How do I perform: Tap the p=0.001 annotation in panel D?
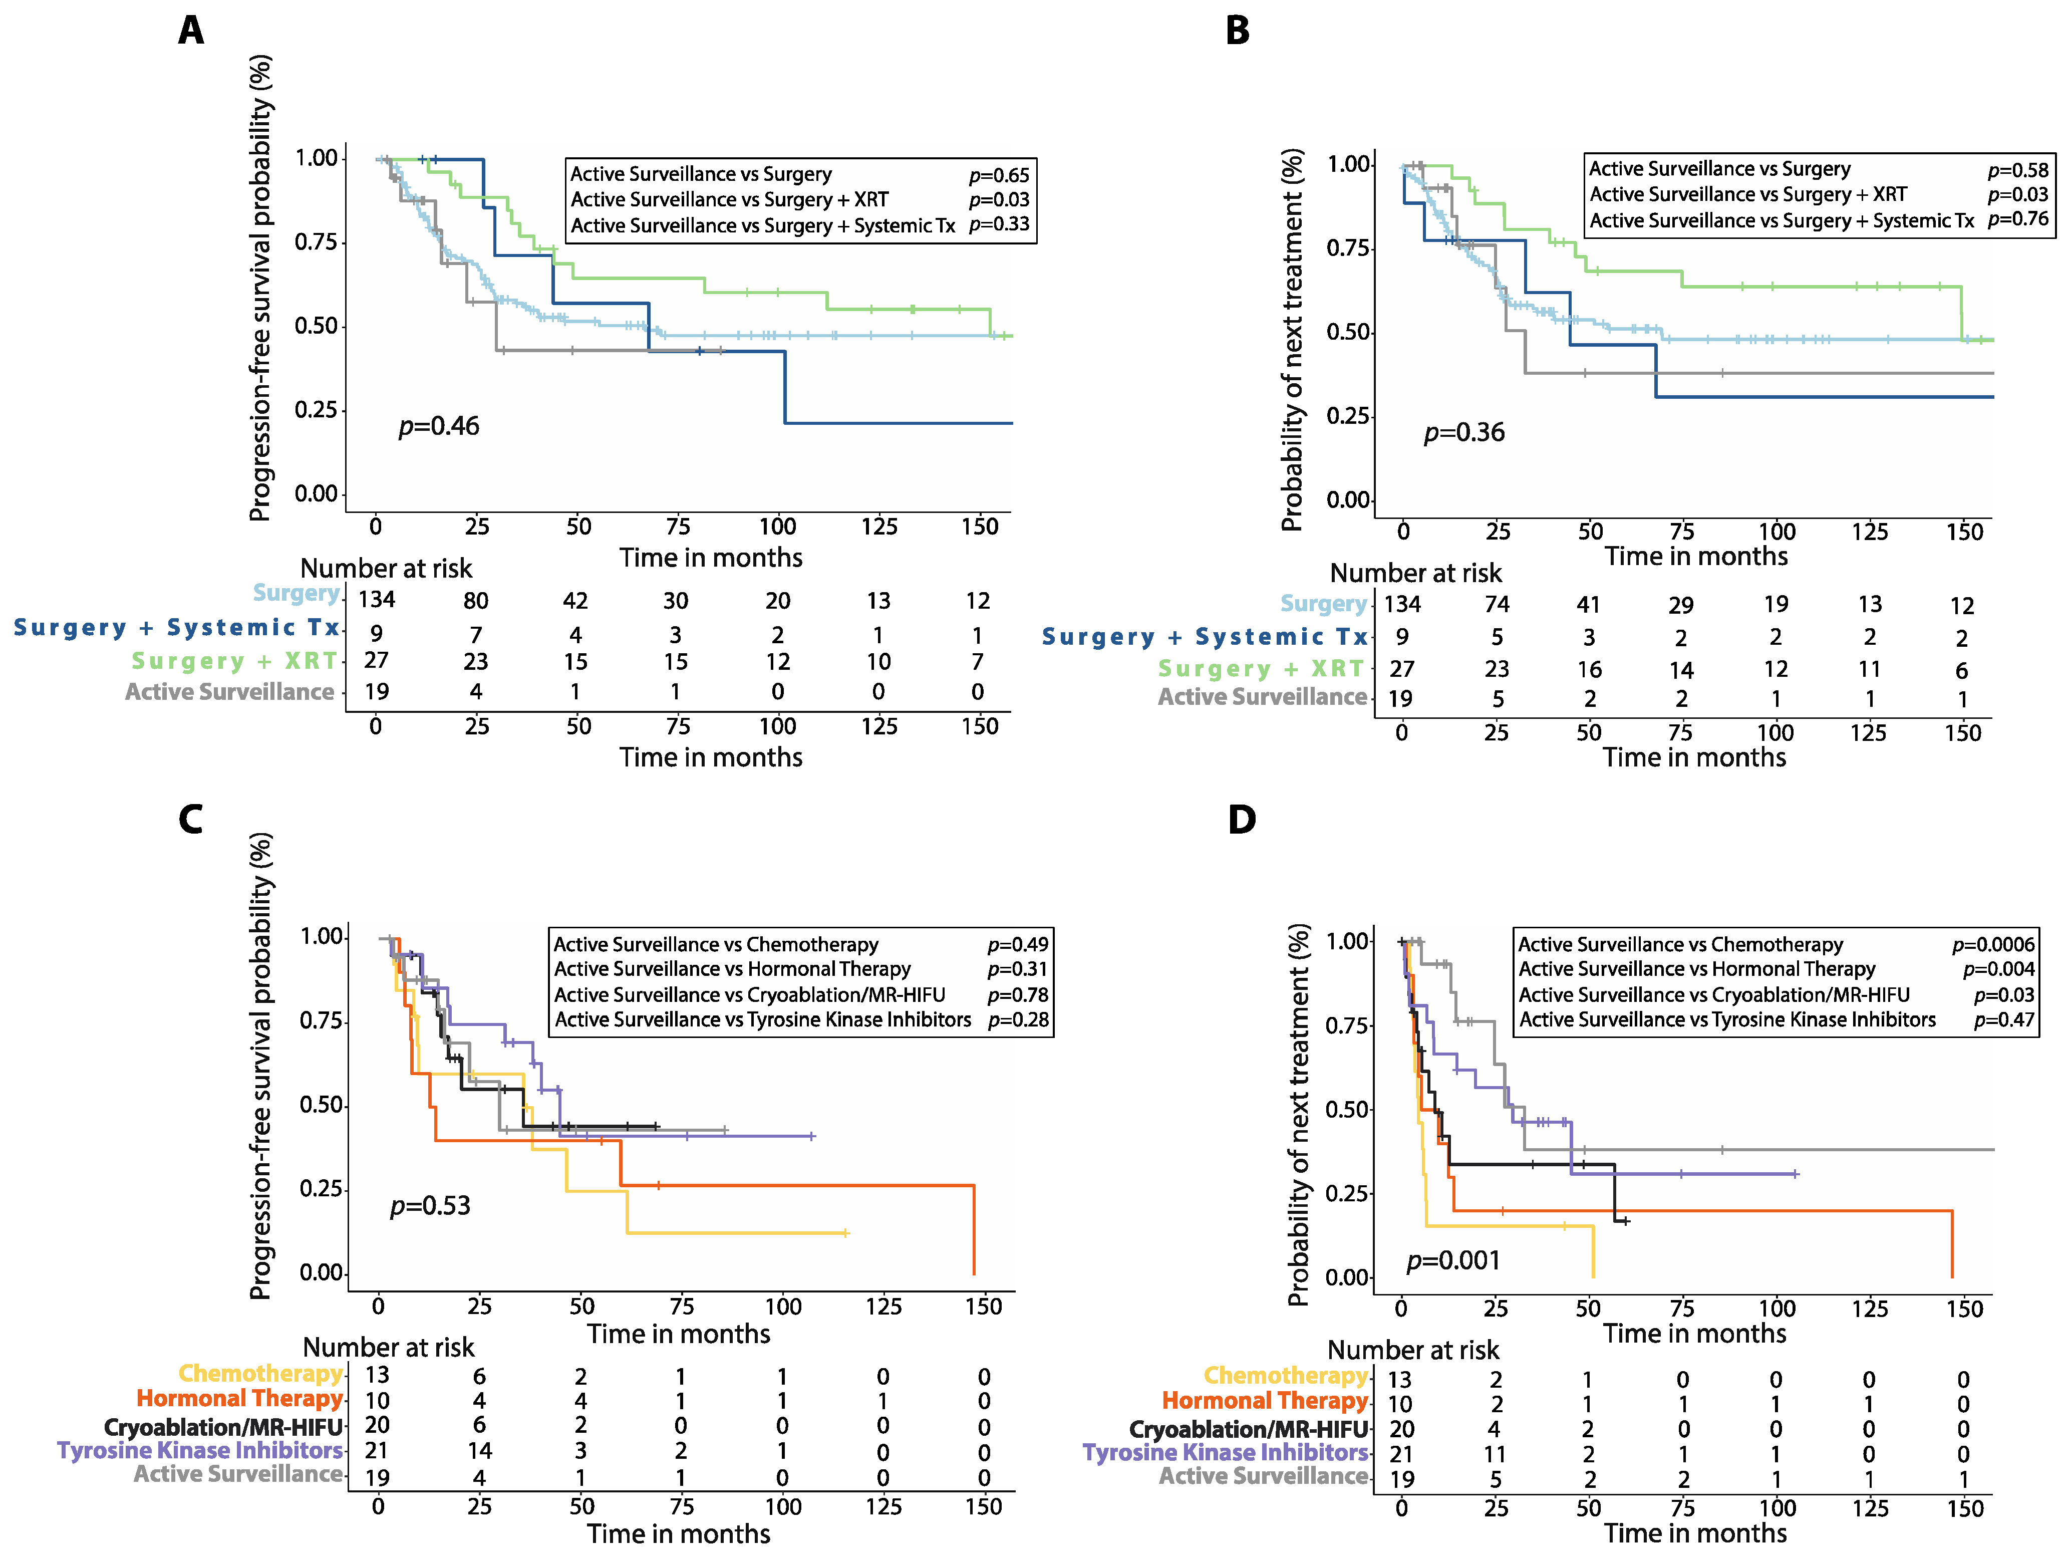1453,1260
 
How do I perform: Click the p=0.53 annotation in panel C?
430,1205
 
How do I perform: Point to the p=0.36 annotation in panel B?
1464,433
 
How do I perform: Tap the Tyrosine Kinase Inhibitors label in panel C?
199,1450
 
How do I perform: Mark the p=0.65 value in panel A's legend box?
999,175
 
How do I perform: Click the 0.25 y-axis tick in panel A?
316,410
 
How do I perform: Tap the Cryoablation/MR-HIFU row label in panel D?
1248,1430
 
